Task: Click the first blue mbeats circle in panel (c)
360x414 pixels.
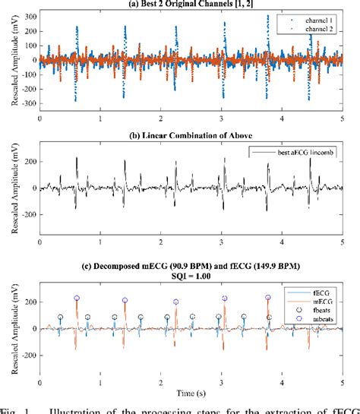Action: click(x=77, y=299)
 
